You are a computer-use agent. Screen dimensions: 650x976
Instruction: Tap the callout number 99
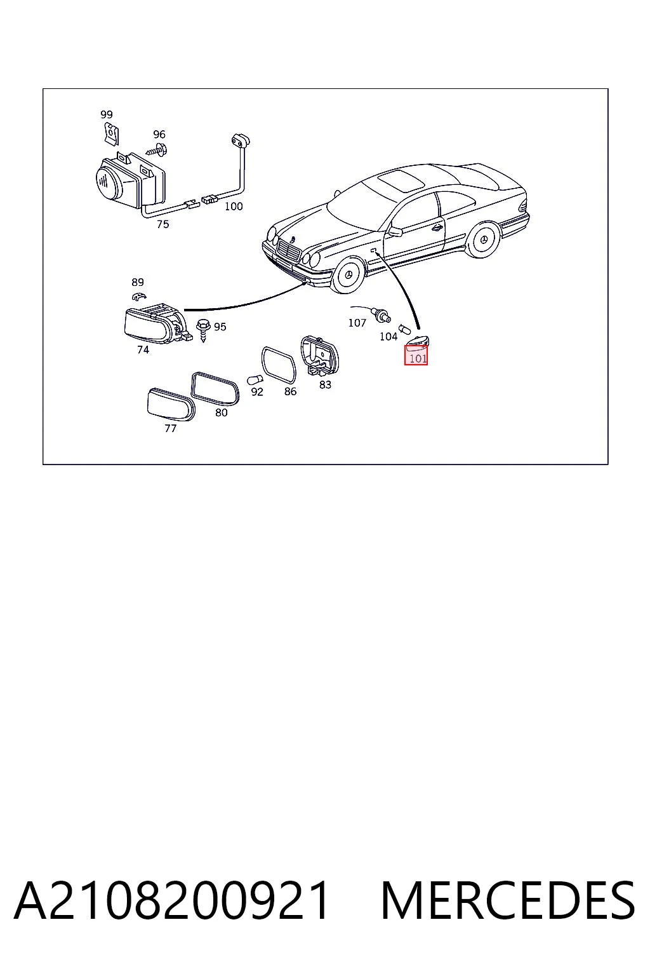(106, 114)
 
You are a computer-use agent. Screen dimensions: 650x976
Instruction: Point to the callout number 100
(234, 206)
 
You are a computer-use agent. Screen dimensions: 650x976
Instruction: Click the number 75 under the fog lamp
(162, 224)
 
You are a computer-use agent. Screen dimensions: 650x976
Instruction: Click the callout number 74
(143, 349)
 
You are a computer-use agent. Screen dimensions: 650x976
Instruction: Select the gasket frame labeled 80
(215, 388)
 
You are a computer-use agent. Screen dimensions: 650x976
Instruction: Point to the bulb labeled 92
(254, 380)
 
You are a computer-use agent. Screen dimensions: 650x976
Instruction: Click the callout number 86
(290, 391)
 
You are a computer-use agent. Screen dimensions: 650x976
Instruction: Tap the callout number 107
(357, 323)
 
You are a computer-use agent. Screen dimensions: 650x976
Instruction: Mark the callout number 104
(388, 336)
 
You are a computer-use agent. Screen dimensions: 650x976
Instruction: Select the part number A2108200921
(171, 900)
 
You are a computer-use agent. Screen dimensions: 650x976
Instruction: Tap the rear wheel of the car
(483, 240)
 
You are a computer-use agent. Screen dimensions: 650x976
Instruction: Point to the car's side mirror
(395, 231)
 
